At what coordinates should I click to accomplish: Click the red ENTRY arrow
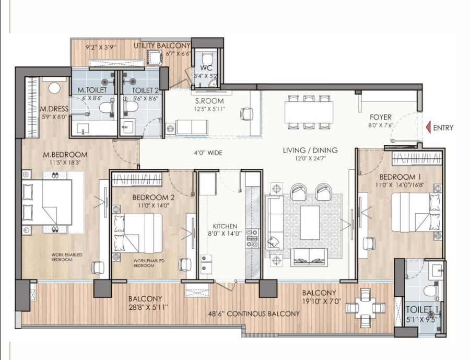point(428,127)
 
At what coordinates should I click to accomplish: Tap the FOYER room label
point(380,117)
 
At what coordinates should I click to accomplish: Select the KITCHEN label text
point(225,226)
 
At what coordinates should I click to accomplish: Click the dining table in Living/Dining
point(309,112)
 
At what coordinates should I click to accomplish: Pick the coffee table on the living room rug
point(310,222)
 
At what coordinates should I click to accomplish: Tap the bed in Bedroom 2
point(137,233)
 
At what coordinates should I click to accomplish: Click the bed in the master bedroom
point(47,202)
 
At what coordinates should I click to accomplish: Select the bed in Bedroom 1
point(417,212)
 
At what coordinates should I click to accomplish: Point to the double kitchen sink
point(206,263)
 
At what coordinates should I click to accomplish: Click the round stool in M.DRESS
point(54,88)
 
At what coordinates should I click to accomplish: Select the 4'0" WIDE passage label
point(208,153)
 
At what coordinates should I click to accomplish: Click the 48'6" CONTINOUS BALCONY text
point(254,314)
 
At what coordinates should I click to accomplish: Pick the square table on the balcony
point(366,308)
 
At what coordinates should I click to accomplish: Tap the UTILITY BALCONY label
point(162,45)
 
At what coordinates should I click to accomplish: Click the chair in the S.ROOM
point(246,114)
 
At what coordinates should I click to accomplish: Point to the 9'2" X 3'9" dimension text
point(101,47)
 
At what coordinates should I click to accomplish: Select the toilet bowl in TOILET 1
point(432,291)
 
